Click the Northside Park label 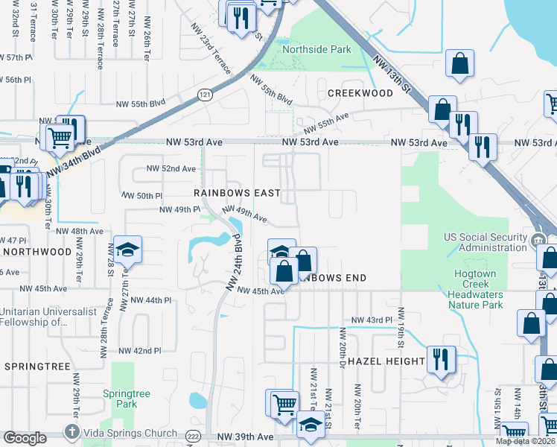(x=316, y=49)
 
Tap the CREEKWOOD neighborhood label (x=360, y=93)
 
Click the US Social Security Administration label (x=485, y=242)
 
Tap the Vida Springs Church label (x=130, y=433)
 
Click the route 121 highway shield (x=205, y=93)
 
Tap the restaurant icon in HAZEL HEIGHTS (x=440, y=359)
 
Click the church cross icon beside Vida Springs (x=71, y=432)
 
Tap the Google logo (x=25, y=438)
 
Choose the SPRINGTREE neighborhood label (x=36, y=367)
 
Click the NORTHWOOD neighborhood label (x=36, y=252)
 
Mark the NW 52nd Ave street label (x=171, y=168)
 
